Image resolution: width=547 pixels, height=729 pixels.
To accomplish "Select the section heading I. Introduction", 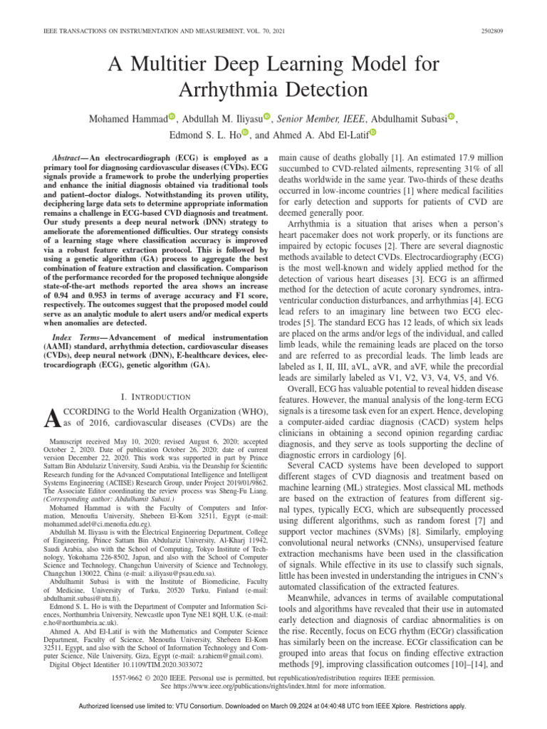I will [x=142, y=396].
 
